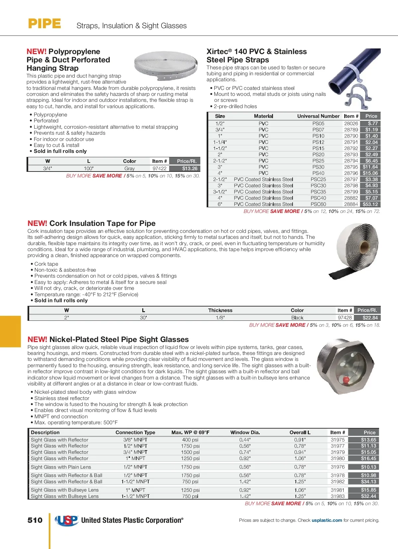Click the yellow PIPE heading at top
click(44, 24)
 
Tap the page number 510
click(35, 520)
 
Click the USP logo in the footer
click(67, 520)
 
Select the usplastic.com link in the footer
click(327, 520)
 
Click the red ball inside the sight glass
click(345, 379)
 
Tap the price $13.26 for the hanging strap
click(190, 169)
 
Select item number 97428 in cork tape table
click(345, 318)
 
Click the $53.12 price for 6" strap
click(370, 204)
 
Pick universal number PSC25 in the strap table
click(318, 179)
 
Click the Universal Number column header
click(318, 116)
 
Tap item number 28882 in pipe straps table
click(351, 198)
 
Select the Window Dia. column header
click(245, 433)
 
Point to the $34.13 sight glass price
click(368, 482)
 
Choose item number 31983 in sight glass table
click(338, 496)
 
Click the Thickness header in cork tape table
click(220, 310)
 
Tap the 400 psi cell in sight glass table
click(190, 440)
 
